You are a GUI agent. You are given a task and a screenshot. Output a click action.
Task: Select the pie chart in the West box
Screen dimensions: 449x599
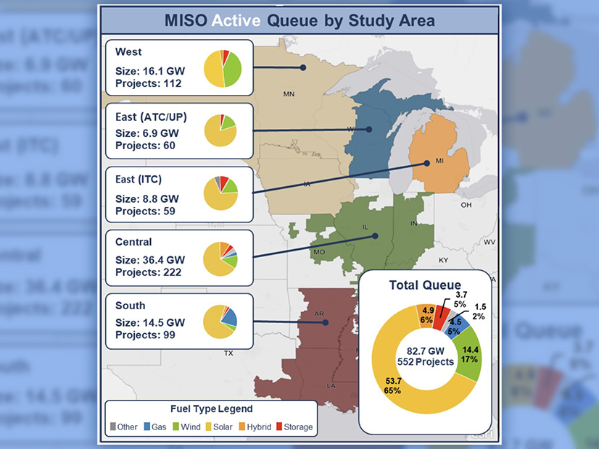coord(222,68)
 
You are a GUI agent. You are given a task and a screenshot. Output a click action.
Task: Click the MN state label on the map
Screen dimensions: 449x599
coord(289,94)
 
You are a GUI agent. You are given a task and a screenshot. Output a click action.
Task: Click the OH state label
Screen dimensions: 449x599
coord(466,205)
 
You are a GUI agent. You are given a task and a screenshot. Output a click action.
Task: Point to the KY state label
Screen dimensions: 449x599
coord(444,259)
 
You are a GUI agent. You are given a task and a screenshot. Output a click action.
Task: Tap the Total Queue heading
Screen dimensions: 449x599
coord(425,285)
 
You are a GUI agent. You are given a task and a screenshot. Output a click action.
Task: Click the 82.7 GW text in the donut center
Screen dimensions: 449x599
coord(425,352)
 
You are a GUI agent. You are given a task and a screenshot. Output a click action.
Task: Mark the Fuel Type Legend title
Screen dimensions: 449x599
coord(210,409)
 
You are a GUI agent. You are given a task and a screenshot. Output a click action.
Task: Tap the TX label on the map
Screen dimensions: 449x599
coord(228,354)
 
